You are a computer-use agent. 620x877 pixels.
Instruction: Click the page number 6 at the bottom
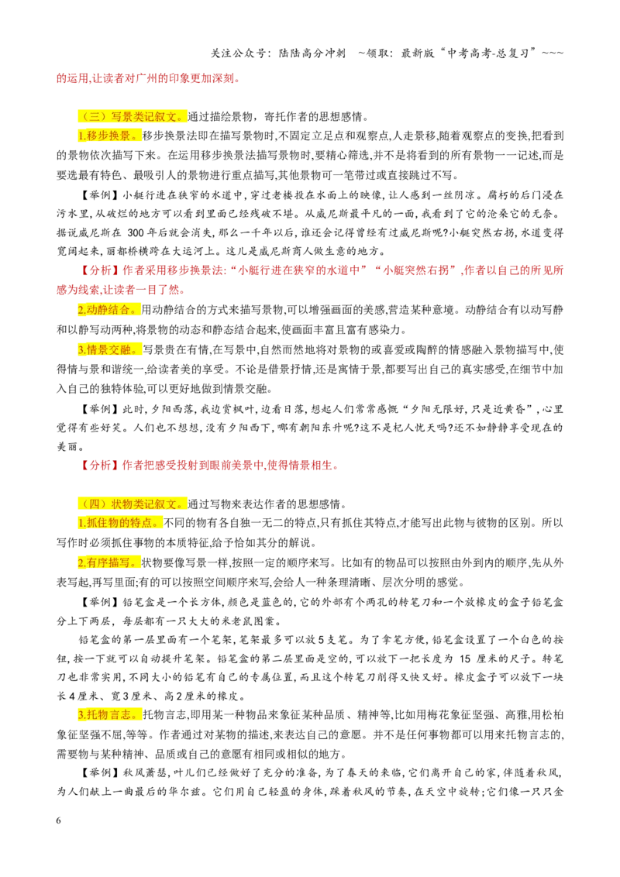[x=59, y=820]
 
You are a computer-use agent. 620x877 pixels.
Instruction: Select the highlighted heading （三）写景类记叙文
[x=131, y=117]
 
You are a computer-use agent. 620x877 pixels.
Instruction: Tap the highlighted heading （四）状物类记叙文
[x=131, y=504]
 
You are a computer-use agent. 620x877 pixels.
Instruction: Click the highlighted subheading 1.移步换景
[x=109, y=136]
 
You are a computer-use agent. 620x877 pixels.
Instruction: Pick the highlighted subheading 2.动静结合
[x=108, y=310]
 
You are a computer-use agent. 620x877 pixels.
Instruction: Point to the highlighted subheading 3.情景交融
[x=109, y=350]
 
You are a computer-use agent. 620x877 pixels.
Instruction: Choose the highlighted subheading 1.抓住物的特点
[x=120, y=523]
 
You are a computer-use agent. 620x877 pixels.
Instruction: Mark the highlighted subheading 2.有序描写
[x=108, y=562]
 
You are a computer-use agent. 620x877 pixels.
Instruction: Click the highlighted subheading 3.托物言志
[x=109, y=715]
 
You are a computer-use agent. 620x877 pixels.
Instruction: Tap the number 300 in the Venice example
[x=136, y=232]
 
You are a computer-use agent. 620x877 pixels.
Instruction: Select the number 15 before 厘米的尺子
[x=465, y=659]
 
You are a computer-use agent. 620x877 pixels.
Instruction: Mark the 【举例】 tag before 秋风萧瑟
[x=98, y=773]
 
